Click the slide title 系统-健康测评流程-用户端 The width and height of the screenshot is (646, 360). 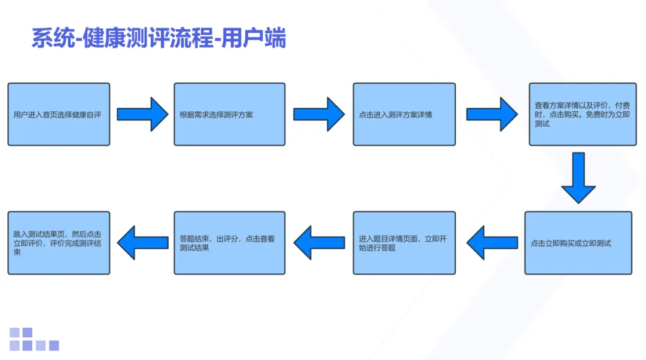pos(159,38)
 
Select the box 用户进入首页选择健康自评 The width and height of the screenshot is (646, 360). pos(59,114)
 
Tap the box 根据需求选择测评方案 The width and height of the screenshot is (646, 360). pos(229,114)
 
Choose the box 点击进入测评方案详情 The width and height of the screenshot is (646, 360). pos(404,114)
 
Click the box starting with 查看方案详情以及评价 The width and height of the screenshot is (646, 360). pos(582,114)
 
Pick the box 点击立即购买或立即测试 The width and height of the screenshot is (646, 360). pos(578,243)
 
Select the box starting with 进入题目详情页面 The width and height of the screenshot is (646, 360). pos(404,243)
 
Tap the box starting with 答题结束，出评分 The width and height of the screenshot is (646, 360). pos(229,243)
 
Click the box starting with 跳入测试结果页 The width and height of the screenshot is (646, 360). pos(59,243)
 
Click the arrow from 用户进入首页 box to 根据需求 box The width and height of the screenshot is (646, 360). pos(142,114)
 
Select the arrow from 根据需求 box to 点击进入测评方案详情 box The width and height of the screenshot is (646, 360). pos(319,114)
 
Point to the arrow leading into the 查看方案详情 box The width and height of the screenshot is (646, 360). pos(492,114)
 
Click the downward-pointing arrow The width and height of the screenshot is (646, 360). pos(578,178)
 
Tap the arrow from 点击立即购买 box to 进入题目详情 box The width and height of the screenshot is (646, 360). pos(492,243)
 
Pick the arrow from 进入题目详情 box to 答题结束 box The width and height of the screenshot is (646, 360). pos(319,243)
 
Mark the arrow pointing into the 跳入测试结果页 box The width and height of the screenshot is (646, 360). pos(142,243)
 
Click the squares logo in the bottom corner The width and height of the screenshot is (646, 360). pos(34,339)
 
